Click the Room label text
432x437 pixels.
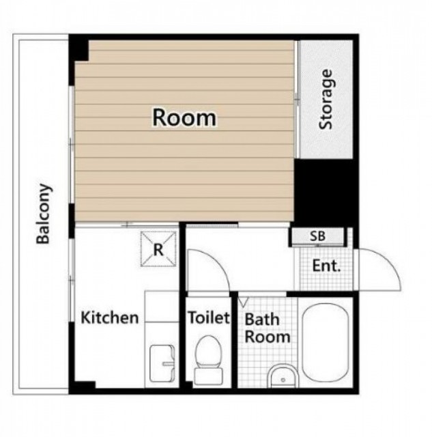[184, 117]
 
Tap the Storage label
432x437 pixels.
[326, 100]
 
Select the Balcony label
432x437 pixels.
[44, 214]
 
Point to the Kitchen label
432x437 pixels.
[109, 318]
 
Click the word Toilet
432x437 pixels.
[209, 317]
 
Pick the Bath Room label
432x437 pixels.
[267, 328]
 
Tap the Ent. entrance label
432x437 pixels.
[326, 266]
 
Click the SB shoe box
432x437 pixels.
[317, 236]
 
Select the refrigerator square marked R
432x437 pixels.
[158, 249]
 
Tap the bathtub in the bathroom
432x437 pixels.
[326, 341]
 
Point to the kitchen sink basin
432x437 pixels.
[162, 363]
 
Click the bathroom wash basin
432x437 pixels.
[283, 376]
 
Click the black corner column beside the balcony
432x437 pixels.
[78, 50]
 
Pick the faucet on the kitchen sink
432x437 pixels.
[169, 363]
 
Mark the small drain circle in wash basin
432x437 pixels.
[283, 380]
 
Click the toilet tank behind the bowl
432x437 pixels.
[208, 376]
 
